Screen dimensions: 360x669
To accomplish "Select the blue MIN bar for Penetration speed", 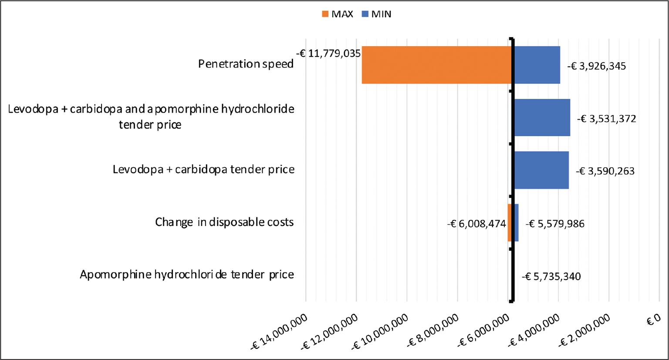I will [x=537, y=65].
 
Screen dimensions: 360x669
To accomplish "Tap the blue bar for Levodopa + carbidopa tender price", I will [x=541, y=170].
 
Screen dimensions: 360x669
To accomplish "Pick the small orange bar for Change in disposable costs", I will [x=510, y=222].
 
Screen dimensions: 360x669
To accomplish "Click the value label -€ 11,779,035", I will [x=328, y=54].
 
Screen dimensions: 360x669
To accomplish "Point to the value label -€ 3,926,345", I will [x=597, y=66].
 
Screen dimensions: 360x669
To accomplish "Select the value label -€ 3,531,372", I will [x=607, y=119].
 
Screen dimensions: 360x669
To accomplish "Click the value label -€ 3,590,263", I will [x=605, y=171].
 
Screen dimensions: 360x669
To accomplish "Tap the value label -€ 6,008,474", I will [x=476, y=224].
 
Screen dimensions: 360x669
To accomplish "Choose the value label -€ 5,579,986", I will [x=555, y=224].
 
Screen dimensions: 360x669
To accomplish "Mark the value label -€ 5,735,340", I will [x=551, y=276].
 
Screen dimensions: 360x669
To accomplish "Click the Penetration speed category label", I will [x=246, y=64].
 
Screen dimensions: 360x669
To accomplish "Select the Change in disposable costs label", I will [x=224, y=222].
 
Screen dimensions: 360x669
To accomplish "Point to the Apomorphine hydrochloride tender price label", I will [x=187, y=275].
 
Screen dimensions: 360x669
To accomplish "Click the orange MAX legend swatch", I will [x=325, y=14].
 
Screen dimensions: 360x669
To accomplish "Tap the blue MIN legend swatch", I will [x=365, y=14].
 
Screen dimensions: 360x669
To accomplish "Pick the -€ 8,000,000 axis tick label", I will [x=433, y=331].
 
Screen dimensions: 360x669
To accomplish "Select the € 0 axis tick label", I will [x=654, y=321].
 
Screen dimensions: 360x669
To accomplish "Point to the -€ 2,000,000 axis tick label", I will [x=585, y=331].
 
